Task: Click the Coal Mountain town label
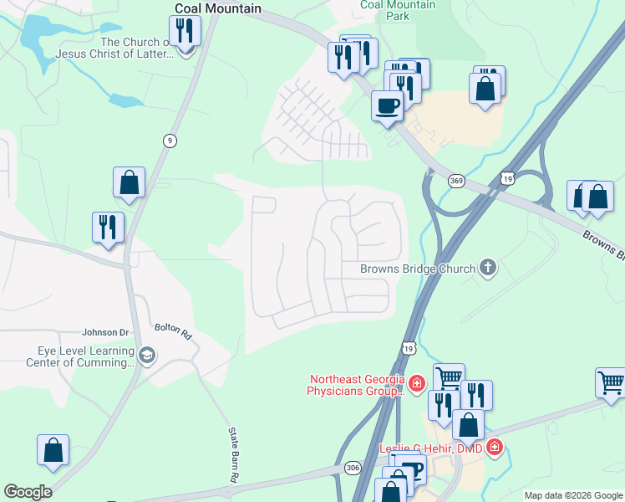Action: point(217,8)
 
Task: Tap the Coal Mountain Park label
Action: point(398,10)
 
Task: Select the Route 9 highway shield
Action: point(170,141)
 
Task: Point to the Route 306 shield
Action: point(353,469)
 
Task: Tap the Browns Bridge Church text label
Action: point(418,269)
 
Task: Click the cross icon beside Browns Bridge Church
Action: point(488,269)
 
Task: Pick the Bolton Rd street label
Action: point(174,331)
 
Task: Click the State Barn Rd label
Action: point(233,454)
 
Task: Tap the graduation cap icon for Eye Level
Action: point(147,356)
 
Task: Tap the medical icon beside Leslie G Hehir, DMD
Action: point(495,448)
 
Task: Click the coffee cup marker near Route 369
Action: point(387,105)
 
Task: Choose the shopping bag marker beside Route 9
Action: point(129,182)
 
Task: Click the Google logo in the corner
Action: point(28,492)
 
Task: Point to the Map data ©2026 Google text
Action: point(572,495)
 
